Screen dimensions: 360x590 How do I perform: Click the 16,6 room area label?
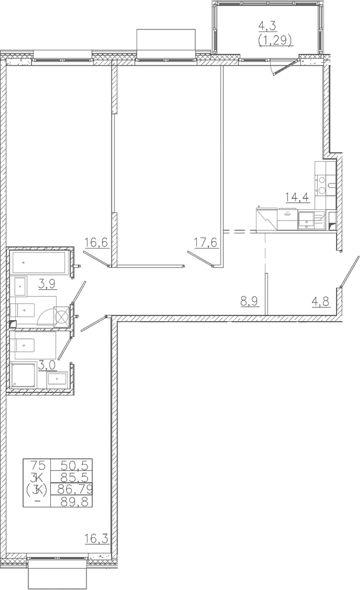(x=97, y=243)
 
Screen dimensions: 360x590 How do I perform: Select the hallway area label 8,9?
(x=250, y=301)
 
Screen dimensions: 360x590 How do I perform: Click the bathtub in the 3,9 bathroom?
(x=40, y=263)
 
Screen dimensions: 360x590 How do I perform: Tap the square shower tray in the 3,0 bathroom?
(x=24, y=375)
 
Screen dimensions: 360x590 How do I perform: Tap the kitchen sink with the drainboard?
(x=311, y=220)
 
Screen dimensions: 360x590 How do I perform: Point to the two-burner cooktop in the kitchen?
(x=322, y=186)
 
